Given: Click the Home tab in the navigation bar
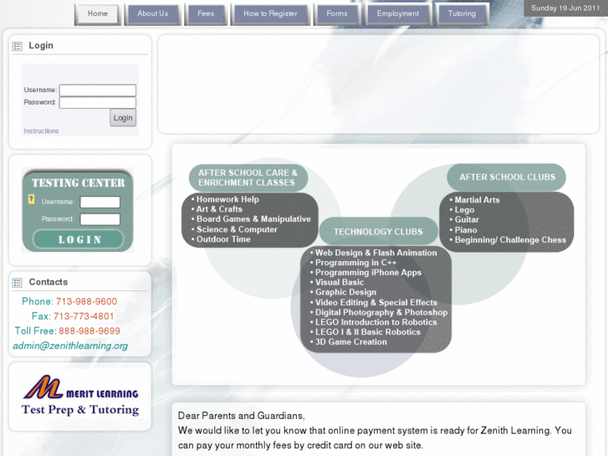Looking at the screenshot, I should pos(98,14).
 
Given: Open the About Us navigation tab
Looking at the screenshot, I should pos(153,14).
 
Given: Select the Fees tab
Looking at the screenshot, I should pos(206,14).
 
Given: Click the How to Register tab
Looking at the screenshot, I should pos(270,14).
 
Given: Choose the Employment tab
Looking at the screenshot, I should pos(398,14).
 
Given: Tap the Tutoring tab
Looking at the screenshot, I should pos(462,14).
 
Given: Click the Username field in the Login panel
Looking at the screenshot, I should pos(98,90).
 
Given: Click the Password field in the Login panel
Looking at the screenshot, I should pos(98,103).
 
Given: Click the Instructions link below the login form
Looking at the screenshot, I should pos(41,131).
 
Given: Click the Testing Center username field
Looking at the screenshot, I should pos(100,202).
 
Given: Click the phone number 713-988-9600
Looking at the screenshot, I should pos(86,302).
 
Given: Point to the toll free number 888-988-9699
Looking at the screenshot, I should pos(89,331).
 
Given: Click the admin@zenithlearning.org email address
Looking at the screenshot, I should pos(70,346).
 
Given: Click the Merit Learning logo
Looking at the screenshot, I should pos(80,397).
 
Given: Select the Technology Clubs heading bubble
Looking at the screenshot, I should pos(379,232).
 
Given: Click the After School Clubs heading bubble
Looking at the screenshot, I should pos(508,177).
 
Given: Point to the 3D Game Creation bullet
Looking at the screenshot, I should pos(351,342).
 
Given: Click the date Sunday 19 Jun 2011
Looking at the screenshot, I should pos(565,8).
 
